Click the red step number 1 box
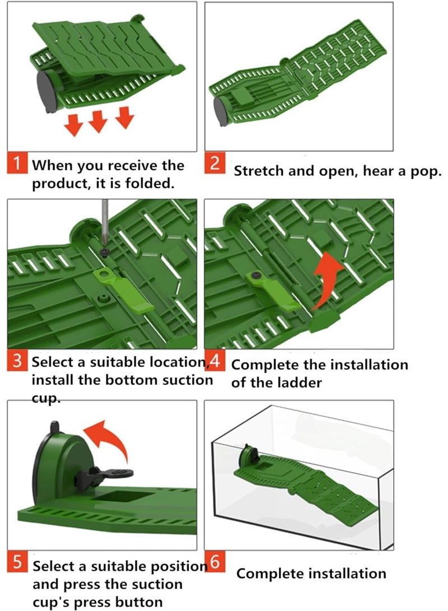pyautogui.click(x=18, y=165)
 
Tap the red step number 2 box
pyautogui.click(x=214, y=165)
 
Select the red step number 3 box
pyautogui.click(x=18, y=362)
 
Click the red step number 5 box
pyautogui.click(x=18, y=563)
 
